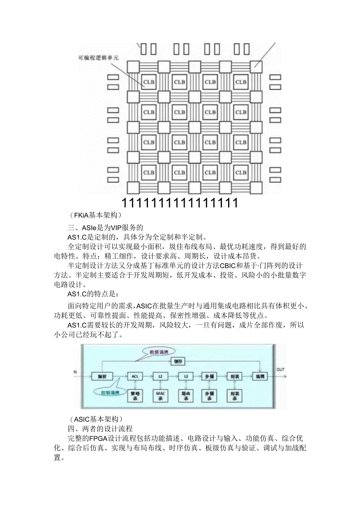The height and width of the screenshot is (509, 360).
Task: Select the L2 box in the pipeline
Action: point(160,376)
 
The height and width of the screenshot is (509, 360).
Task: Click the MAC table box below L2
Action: point(160,396)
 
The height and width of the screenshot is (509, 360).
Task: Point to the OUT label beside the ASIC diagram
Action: point(281,369)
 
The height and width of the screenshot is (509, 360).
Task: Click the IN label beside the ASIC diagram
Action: point(75,372)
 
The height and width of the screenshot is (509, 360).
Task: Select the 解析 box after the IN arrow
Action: point(102,376)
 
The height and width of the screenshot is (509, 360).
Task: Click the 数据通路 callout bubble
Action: point(158,351)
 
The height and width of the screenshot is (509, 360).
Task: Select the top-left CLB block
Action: point(149,82)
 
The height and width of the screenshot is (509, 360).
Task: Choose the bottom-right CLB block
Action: point(241,173)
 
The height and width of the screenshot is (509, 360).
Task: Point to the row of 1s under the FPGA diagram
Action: point(180,203)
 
